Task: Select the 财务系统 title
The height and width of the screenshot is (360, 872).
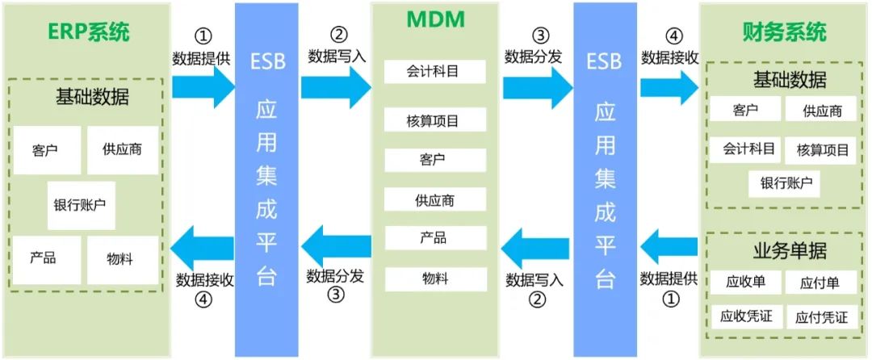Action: point(783,33)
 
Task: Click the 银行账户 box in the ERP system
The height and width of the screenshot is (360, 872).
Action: point(80,205)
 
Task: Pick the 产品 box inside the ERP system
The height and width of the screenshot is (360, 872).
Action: point(43,259)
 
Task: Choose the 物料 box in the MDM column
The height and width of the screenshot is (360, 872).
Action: point(434,278)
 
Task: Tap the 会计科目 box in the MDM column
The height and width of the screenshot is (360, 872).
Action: point(434,71)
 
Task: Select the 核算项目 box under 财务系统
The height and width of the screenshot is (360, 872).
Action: point(823,149)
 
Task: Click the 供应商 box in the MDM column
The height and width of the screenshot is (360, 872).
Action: point(434,199)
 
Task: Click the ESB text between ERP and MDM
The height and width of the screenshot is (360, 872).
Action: point(267,61)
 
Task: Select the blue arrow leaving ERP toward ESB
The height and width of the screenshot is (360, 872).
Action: point(203,87)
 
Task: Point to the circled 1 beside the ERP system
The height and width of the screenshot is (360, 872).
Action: point(203,36)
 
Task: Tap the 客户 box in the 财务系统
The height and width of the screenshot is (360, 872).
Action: point(745,110)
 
